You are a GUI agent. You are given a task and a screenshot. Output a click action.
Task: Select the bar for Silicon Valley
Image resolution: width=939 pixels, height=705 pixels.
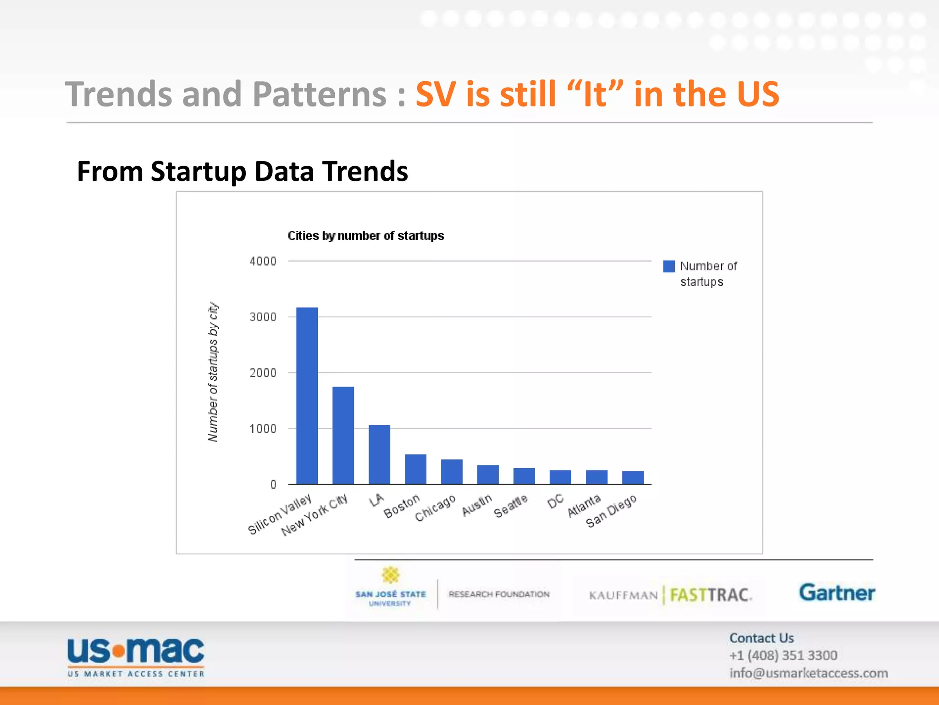307,396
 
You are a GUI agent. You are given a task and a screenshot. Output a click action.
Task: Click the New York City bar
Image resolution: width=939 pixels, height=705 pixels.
343,435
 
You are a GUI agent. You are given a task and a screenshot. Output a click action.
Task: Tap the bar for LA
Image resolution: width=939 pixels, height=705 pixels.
379,454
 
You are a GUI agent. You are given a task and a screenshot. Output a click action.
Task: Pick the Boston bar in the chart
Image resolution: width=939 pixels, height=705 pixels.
415,469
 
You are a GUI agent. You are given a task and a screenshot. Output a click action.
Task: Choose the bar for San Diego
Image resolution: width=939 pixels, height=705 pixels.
633,477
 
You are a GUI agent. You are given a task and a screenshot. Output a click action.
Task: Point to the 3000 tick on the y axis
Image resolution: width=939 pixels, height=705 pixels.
263,317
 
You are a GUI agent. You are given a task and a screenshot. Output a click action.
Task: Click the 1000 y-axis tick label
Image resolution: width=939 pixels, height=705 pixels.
263,429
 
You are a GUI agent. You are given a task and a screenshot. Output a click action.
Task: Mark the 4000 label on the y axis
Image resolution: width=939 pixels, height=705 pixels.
263,262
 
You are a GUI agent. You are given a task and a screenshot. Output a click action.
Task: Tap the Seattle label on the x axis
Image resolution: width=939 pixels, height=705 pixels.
511,506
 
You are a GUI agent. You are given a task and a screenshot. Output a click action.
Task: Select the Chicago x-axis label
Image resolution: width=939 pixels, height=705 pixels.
435,508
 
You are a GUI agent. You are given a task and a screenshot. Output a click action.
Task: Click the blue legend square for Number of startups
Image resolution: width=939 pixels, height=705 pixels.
669,267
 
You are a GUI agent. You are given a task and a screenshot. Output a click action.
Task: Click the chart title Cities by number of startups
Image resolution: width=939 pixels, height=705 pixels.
365,236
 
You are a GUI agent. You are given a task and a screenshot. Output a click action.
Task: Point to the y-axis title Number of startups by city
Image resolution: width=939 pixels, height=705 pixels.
213,372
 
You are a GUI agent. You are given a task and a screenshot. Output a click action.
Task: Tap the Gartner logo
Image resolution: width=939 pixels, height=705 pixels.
837,593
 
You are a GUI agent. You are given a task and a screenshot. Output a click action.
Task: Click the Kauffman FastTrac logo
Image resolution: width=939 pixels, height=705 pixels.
670,595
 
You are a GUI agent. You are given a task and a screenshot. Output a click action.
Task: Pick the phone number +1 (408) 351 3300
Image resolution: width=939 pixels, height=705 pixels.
783,655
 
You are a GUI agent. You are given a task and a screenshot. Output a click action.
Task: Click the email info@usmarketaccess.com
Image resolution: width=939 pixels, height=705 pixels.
808,673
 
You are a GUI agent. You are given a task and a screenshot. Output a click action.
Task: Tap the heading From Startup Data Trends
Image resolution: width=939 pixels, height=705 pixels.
242,171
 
